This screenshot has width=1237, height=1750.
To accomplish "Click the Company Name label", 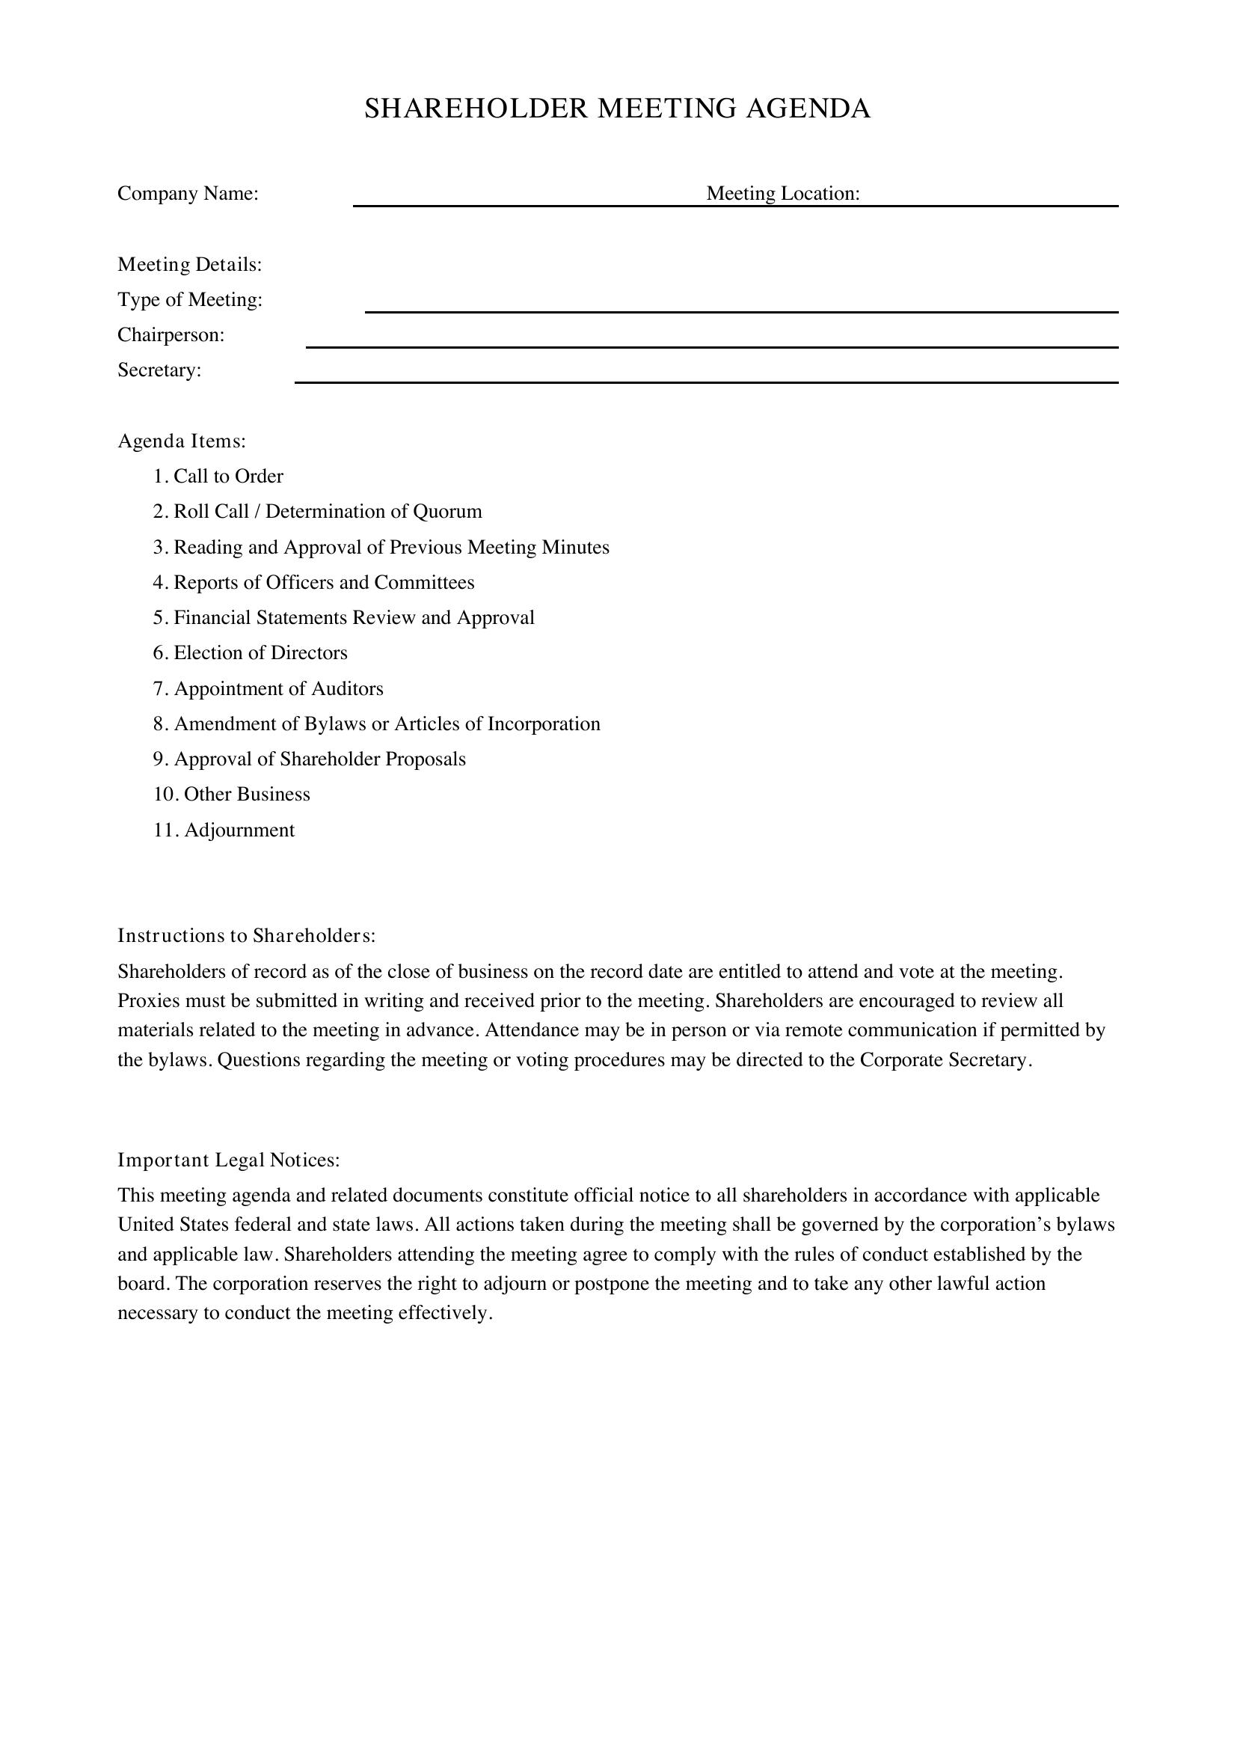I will point(188,194).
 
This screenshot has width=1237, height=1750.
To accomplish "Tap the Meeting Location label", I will point(782,194).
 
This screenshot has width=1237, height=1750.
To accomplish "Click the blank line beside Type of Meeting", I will point(740,310).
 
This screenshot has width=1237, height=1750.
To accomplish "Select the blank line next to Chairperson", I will point(711,346).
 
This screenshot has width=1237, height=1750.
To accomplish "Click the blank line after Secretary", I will point(705,381).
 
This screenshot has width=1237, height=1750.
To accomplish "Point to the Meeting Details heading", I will point(190,264).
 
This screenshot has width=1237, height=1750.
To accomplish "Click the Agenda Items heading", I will point(182,441).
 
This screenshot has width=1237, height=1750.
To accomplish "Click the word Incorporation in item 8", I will point(543,724).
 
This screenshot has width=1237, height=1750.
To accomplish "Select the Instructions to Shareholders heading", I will point(247,935).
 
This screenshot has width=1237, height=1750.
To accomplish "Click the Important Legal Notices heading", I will point(229,1160).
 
